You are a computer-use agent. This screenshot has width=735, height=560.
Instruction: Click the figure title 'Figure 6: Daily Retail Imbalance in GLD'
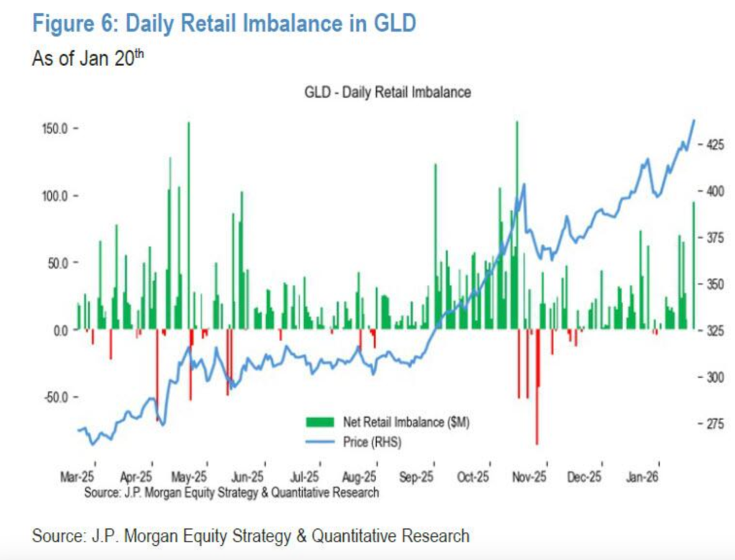pyautogui.click(x=224, y=24)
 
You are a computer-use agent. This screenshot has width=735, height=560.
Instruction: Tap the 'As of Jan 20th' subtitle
pyautogui.click(x=88, y=58)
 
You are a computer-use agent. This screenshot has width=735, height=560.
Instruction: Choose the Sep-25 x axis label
pyautogui.click(x=417, y=477)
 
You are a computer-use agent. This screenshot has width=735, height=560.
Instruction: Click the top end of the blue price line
pyautogui.click(x=694, y=120)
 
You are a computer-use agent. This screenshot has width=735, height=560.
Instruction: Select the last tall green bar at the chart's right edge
pyautogui.click(x=693, y=266)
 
